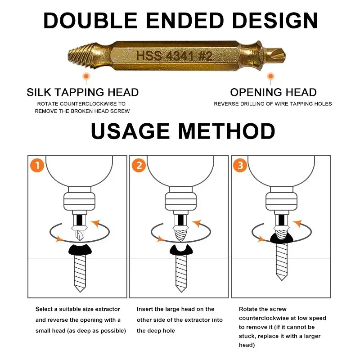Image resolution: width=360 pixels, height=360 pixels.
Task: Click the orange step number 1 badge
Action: pyautogui.click(x=37, y=166)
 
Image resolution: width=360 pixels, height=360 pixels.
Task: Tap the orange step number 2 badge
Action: pyautogui.click(x=139, y=166)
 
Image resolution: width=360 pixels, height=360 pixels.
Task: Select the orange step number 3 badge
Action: pyautogui.click(x=240, y=166)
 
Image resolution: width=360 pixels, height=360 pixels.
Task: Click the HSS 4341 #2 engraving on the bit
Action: pyautogui.click(x=174, y=56)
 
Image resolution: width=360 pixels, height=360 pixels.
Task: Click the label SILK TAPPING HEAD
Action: pyautogui.click(x=82, y=93)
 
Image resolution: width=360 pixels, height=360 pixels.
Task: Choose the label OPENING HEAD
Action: pyautogui.click(x=273, y=93)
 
